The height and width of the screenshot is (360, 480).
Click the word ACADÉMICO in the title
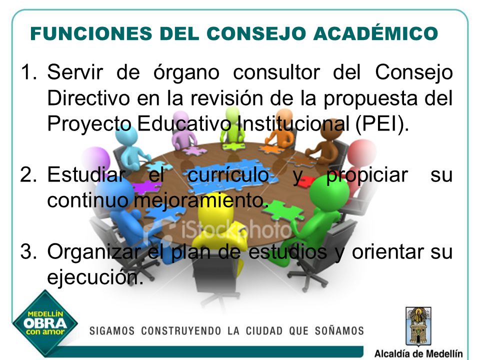tap(375, 33)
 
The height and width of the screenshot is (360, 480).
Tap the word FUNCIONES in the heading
tap(91, 33)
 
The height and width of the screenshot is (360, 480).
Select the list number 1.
tap(28, 72)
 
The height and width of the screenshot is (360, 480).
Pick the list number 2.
tap(28, 175)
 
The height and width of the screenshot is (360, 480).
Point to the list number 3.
tap(28, 251)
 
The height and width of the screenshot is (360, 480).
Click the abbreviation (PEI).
tap(382, 124)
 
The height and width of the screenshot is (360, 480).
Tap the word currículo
tap(228, 175)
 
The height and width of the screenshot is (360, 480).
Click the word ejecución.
tap(95, 277)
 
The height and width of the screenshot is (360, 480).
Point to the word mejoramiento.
tap(201, 201)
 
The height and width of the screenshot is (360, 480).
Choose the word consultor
tap(276, 72)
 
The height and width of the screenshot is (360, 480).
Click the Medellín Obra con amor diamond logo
tap(45, 323)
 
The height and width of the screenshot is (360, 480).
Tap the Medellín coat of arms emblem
tap(418, 326)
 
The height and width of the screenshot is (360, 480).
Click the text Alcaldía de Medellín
tap(418, 353)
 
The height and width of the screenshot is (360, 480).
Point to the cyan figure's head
tap(127, 134)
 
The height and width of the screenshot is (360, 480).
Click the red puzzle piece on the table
tap(306, 181)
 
